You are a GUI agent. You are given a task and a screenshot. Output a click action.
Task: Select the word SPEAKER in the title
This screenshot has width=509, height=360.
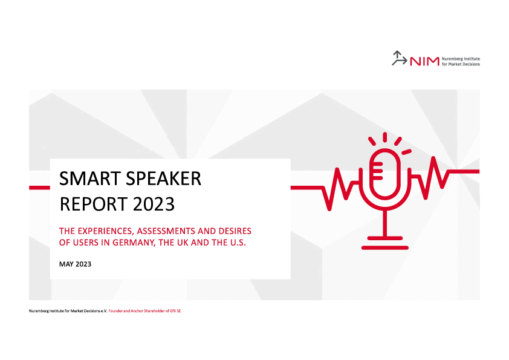[164, 178]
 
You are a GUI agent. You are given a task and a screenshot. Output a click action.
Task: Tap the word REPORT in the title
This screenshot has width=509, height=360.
[93, 204]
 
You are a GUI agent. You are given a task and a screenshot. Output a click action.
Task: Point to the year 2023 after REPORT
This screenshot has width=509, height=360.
[154, 204]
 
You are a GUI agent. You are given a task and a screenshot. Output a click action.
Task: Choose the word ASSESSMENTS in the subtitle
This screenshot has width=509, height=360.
[166, 231]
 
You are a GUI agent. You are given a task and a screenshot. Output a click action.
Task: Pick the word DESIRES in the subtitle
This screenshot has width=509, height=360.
[235, 231]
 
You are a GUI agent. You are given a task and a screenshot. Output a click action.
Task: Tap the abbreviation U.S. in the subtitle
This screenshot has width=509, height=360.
[238, 243]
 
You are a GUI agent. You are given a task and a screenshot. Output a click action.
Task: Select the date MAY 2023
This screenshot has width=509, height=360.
[75, 264]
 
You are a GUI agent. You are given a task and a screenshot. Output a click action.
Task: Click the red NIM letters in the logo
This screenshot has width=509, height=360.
[424, 61]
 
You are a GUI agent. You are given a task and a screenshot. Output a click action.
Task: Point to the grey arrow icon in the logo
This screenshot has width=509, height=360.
[399, 58]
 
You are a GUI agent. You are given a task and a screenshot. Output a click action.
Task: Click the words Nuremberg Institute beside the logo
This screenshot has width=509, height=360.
[461, 59]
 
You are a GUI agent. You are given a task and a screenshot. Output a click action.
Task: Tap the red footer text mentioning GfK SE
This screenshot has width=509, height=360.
[144, 311]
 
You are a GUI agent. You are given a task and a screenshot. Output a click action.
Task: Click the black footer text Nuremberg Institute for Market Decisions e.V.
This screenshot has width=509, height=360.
[68, 311]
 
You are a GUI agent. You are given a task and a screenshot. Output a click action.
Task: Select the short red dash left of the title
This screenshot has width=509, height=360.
[40, 188]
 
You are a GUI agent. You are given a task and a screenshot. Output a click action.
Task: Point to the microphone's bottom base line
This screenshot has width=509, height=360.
[384, 248]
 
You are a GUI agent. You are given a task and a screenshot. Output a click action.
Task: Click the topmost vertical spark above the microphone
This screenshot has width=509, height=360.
[384, 137]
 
